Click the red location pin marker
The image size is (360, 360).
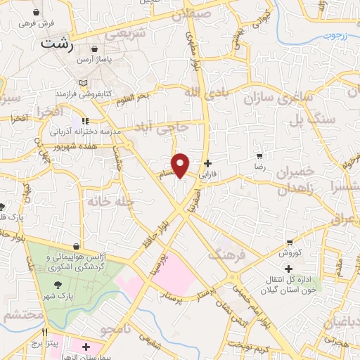[181, 164]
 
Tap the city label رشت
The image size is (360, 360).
[58, 42]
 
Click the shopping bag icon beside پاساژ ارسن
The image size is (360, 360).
[94, 49]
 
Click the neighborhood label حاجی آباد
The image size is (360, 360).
[162, 129]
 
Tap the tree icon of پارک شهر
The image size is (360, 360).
[59, 285]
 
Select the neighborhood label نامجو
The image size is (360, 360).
[115, 328]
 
